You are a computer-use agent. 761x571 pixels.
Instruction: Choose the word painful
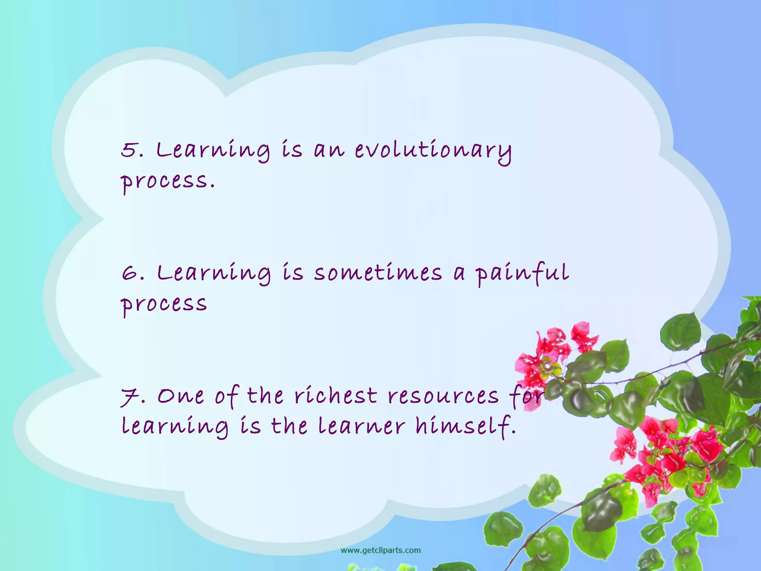tap(522, 273)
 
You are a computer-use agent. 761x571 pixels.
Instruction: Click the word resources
tap(443, 396)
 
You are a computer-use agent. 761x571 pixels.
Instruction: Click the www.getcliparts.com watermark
tap(381, 550)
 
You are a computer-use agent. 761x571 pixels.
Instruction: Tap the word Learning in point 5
tap(213, 151)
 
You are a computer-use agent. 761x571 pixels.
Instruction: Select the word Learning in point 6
tap(214, 273)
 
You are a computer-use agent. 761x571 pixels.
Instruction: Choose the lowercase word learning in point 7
tap(175, 427)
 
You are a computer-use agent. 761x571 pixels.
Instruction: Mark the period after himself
tap(514, 432)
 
